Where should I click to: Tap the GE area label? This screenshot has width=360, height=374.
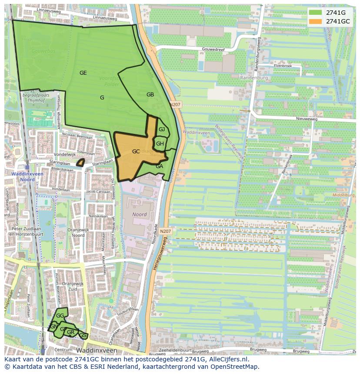pyautogui.click(x=83, y=73)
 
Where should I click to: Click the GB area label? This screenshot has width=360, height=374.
pyautogui.click(x=150, y=95)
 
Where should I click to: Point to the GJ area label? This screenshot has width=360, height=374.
pyautogui.click(x=162, y=129)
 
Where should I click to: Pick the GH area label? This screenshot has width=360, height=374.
pyautogui.click(x=160, y=144)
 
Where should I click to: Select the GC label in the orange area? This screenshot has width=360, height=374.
pyautogui.click(x=136, y=152)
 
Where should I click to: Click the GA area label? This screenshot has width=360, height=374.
pyautogui.click(x=159, y=166)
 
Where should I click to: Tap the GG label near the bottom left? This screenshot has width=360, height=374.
pyautogui.click(x=60, y=316)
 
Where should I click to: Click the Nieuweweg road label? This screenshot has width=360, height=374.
pyautogui.click(x=307, y=118)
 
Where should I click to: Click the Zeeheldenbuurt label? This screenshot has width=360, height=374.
pyautogui.click(x=175, y=350)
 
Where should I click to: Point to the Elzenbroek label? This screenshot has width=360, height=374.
pyautogui.click(x=283, y=66)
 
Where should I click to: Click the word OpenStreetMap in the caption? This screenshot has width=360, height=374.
pyautogui.click(x=237, y=367)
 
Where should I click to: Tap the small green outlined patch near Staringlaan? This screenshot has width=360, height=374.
pyautogui.click(x=80, y=163)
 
